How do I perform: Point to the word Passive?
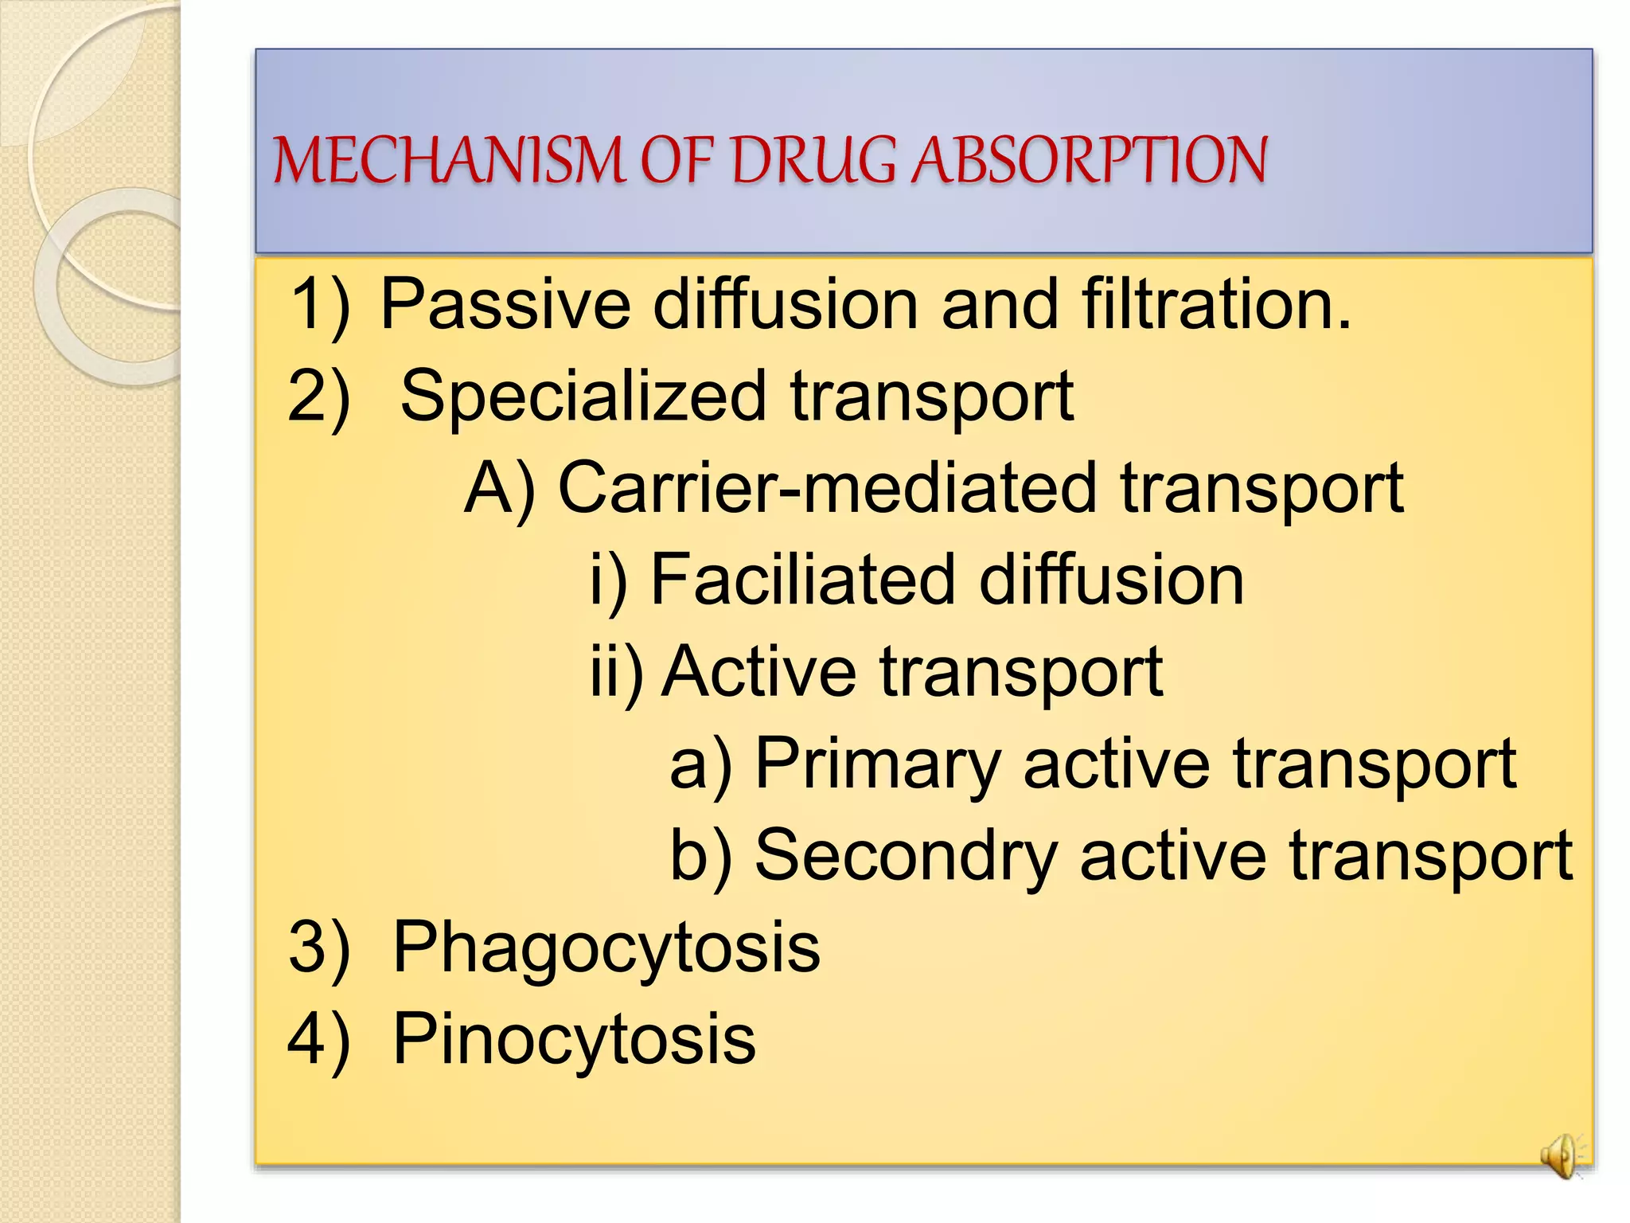coord(505,304)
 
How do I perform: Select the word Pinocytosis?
coord(574,1039)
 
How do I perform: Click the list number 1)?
coord(319,304)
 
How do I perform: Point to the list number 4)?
coord(318,1039)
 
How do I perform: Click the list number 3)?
coord(318,948)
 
